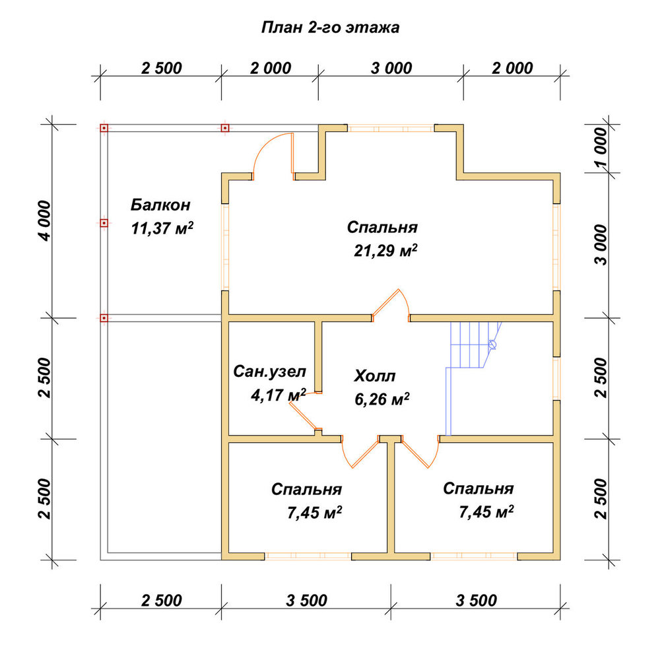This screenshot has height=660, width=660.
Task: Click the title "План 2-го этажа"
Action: (330, 28)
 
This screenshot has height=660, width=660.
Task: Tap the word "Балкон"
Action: (160, 205)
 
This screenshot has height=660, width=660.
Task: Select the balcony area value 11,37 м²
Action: (162, 228)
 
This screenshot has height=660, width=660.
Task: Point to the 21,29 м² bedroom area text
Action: (385, 250)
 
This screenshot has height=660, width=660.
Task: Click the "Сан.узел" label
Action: (270, 372)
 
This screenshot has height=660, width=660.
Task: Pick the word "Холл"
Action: (375, 376)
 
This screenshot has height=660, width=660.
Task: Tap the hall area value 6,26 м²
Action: (382, 399)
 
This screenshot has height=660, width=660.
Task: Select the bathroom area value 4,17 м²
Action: (279, 395)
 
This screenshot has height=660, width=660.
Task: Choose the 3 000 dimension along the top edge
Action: (391, 68)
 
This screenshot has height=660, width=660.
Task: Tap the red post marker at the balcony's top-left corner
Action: (104, 128)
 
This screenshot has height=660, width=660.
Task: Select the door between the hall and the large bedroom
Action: (390, 303)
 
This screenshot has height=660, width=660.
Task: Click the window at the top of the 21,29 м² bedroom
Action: (391, 128)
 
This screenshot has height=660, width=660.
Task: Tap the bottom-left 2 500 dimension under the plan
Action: (161, 601)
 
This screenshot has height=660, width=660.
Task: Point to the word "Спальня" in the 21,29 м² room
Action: (382, 227)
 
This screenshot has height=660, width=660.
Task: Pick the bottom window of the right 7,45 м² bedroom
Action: (474, 556)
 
